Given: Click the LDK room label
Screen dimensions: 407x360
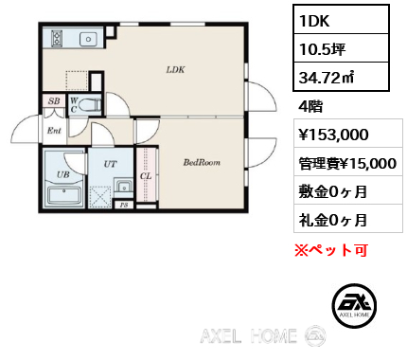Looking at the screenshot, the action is point(175,69).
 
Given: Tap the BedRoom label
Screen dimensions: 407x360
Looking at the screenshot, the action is point(202,162).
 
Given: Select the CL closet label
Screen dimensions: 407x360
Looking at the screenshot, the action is point(146,176).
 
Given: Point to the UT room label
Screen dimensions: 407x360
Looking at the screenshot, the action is point(110,164).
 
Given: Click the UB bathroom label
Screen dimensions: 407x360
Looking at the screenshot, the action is point(63,174).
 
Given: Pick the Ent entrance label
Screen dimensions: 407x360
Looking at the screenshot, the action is point(54,131).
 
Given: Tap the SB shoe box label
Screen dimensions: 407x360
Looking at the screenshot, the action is point(54,101).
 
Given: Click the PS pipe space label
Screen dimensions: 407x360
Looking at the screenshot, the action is point(124,205).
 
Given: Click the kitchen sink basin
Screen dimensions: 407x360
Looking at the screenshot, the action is point(89,39).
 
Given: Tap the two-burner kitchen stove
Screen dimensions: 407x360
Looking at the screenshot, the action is point(57,38).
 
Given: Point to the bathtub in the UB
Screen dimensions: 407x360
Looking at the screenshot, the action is point(64,195).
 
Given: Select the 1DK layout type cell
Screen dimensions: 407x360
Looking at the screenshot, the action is point(341,20).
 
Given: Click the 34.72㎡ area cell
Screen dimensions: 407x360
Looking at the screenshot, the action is point(341,77).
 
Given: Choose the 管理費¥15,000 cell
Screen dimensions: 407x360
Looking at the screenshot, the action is point(348,163).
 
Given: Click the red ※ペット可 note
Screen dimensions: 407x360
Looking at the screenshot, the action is point(331,250).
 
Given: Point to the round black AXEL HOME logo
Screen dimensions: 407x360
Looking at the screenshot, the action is point(354,305).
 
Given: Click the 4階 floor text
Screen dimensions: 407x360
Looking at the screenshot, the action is point(310,106).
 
